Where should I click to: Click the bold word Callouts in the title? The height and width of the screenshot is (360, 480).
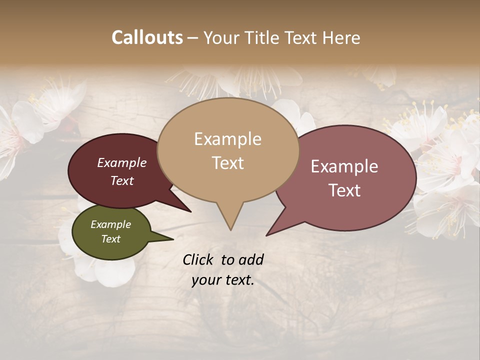point(147,37)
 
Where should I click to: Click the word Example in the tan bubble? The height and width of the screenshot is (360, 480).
point(227,139)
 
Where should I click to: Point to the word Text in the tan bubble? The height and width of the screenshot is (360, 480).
point(227,163)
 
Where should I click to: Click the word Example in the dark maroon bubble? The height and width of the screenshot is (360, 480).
point(122,162)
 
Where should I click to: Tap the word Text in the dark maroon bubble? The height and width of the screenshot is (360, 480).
point(122,180)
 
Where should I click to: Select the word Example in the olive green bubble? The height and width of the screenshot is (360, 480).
point(110,224)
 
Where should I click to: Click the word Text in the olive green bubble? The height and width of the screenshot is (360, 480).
point(110,239)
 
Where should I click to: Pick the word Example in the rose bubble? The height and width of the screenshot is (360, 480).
point(344,166)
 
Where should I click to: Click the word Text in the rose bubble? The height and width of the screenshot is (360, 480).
point(344,190)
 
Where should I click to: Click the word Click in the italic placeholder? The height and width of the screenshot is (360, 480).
point(199,259)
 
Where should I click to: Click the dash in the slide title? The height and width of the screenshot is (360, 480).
point(193,37)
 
